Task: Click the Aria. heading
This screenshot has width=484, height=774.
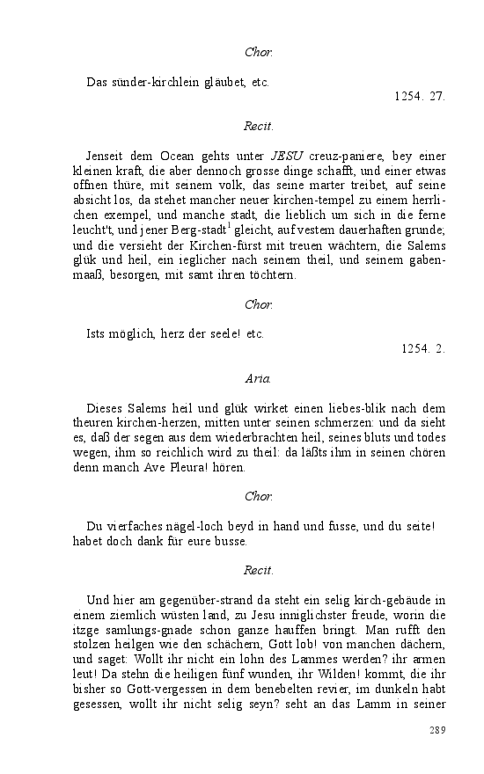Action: (x=258, y=379)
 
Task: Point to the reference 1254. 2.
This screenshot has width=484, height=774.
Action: (x=423, y=348)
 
